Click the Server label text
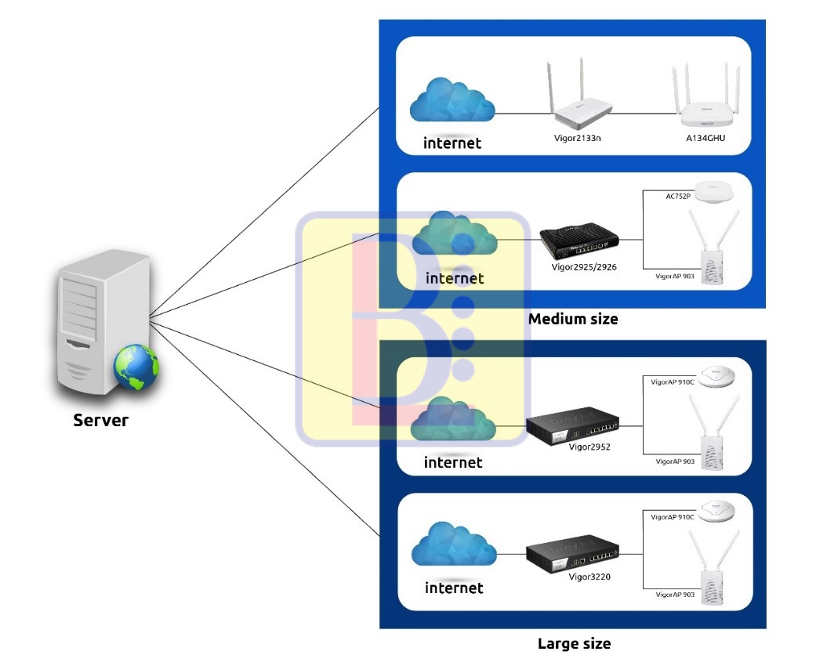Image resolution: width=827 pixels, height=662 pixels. [x=100, y=420]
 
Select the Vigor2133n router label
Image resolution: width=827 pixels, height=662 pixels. [x=577, y=138]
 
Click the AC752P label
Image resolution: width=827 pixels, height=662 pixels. [x=678, y=196]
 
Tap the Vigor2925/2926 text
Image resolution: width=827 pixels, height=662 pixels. [x=584, y=267]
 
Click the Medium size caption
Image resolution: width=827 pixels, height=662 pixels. [x=572, y=319]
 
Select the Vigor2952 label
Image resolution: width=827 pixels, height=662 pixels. [x=590, y=447]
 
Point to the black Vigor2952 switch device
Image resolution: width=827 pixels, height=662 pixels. [x=571, y=426]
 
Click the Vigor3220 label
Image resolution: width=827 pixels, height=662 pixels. [x=590, y=576]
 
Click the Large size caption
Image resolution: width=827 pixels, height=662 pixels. [x=574, y=644]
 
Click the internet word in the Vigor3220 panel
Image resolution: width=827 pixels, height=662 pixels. [x=454, y=588]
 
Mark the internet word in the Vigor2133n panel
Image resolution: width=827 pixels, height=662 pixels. [x=452, y=143]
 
